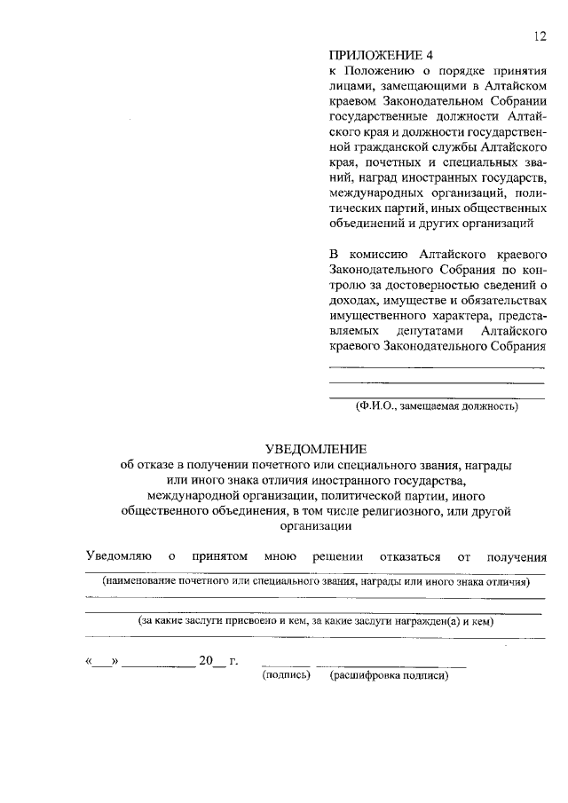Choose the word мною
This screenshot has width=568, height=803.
[x=280, y=556]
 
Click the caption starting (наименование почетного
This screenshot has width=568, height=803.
[x=315, y=582]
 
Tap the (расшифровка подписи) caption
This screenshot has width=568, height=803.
[x=390, y=675]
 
